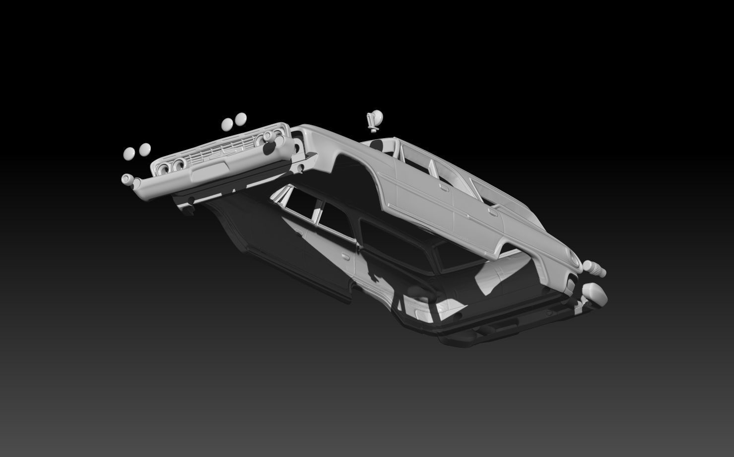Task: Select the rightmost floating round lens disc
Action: coord(241,118)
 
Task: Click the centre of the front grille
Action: coord(221,148)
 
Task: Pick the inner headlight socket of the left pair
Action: coord(177,164)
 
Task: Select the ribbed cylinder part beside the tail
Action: coord(595,268)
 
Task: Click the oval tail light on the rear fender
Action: coord(575,259)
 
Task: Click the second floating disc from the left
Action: coord(145,149)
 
